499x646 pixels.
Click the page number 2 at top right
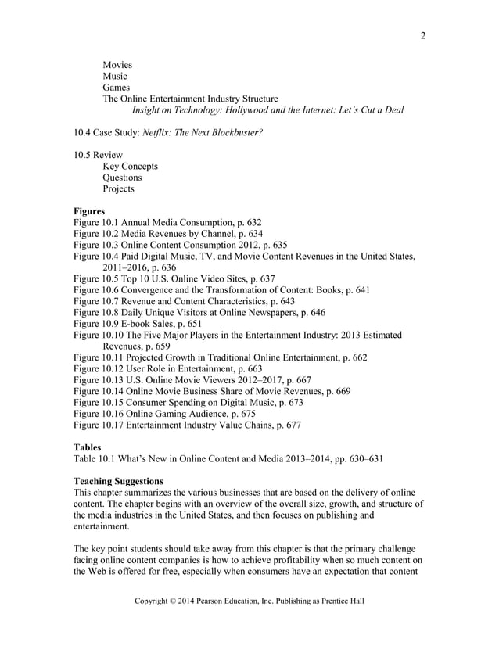coord(422,35)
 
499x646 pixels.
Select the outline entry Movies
coord(117,65)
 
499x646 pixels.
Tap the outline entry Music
coord(115,77)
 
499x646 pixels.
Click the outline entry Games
coord(117,88)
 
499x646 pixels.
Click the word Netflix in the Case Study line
coord(159,133)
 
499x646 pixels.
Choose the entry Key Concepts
coord(130,167)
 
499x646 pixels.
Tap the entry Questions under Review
coord(122,178)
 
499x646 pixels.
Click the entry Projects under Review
coord(118,188)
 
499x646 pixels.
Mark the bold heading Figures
coord(88,211)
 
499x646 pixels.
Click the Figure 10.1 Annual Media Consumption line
coord(167,223)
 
